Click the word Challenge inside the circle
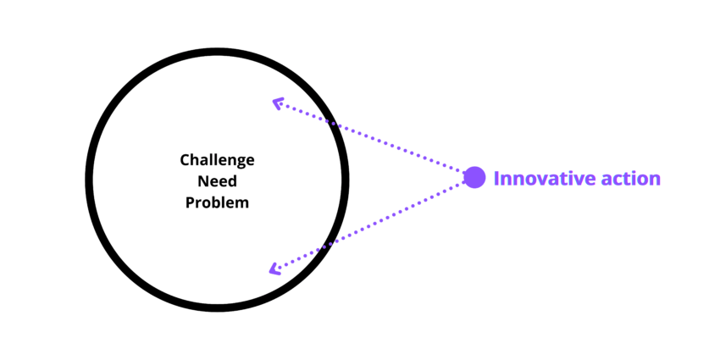coord(217,160)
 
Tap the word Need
coord(217,181)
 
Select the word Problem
coord(217,203)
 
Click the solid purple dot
coord(474,178)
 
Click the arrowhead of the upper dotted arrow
coord(277,103)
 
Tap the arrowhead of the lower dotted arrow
coord(274,269)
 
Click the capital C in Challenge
coord(185,160)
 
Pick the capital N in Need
coord(202,181)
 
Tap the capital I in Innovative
coord(496,179)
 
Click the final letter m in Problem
coord(243,204)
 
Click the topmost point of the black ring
coord(217,53)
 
